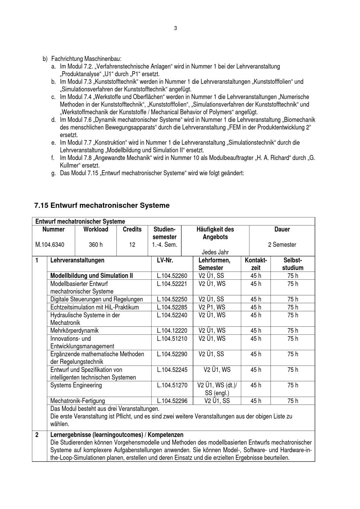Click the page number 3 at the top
click(175, 28)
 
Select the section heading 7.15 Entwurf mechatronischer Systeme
click(102, 206)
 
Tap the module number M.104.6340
click(50, 245)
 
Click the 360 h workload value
click(96, 245)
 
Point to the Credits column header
click(132, 229)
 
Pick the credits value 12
click(132, 245)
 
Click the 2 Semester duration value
click(282, 245)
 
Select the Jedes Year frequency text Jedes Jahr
click(215, 252)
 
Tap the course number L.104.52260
click(172, 276)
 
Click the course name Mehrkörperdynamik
click(75, 330)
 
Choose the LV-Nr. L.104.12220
click(172, 330)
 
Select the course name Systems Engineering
click(76, 385)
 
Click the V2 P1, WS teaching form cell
click(212, 307)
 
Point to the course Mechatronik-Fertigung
click(78, 401)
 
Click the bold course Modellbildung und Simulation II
click(91, 276)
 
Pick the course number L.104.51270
click(172, 385)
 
